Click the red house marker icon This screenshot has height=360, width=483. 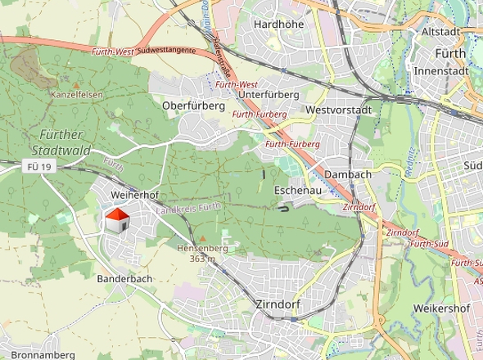tap(117, 219)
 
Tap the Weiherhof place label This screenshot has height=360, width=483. tap(133, 196)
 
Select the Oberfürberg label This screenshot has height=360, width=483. tap(193, 106)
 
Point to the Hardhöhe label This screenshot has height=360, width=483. tap(278, 25)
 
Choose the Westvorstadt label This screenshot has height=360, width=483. tap(338, 110)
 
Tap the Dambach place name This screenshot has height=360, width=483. tap(348, 174)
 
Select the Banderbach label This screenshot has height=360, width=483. tap(125, 279)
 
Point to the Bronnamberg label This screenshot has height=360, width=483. tap(43, 354)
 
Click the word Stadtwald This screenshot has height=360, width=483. tap(60, 151)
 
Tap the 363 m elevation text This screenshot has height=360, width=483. tap(202, 259)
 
